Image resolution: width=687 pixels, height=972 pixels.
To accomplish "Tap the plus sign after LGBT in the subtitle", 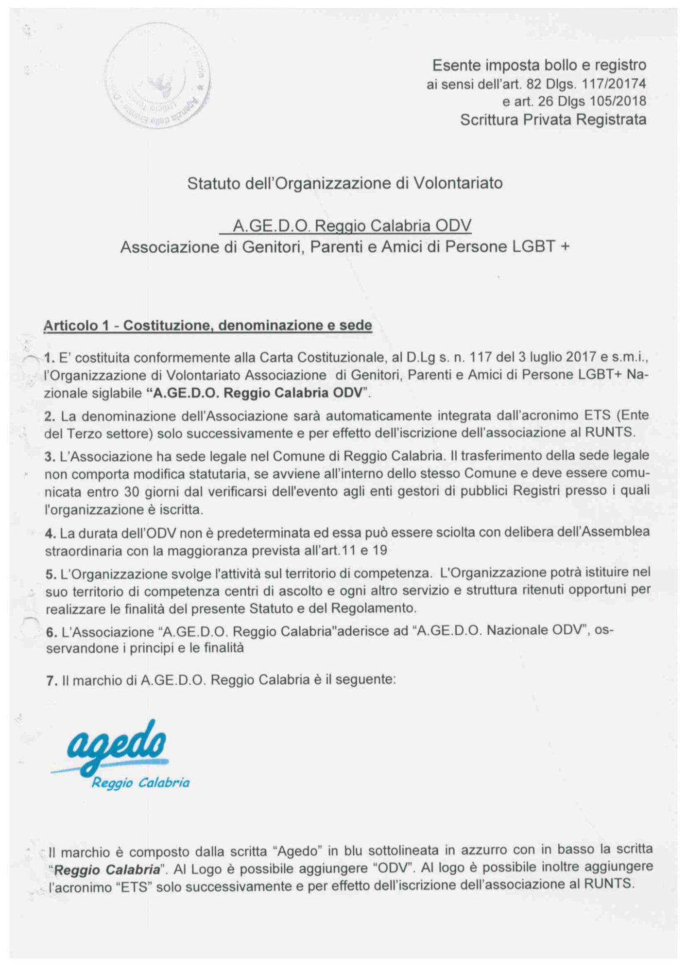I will click(565, 247).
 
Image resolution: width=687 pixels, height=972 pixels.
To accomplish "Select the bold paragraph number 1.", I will click(49, 359).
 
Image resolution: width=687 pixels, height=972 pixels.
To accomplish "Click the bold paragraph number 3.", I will click(50, 457).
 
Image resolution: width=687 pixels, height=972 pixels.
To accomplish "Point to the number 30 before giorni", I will click(132, 492).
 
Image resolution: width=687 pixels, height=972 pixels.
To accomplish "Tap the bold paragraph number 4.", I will click(50, 534).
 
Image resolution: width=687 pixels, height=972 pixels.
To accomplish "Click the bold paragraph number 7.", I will click(52, 681).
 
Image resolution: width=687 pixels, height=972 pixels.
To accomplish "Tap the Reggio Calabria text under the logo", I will click(140, 783).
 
